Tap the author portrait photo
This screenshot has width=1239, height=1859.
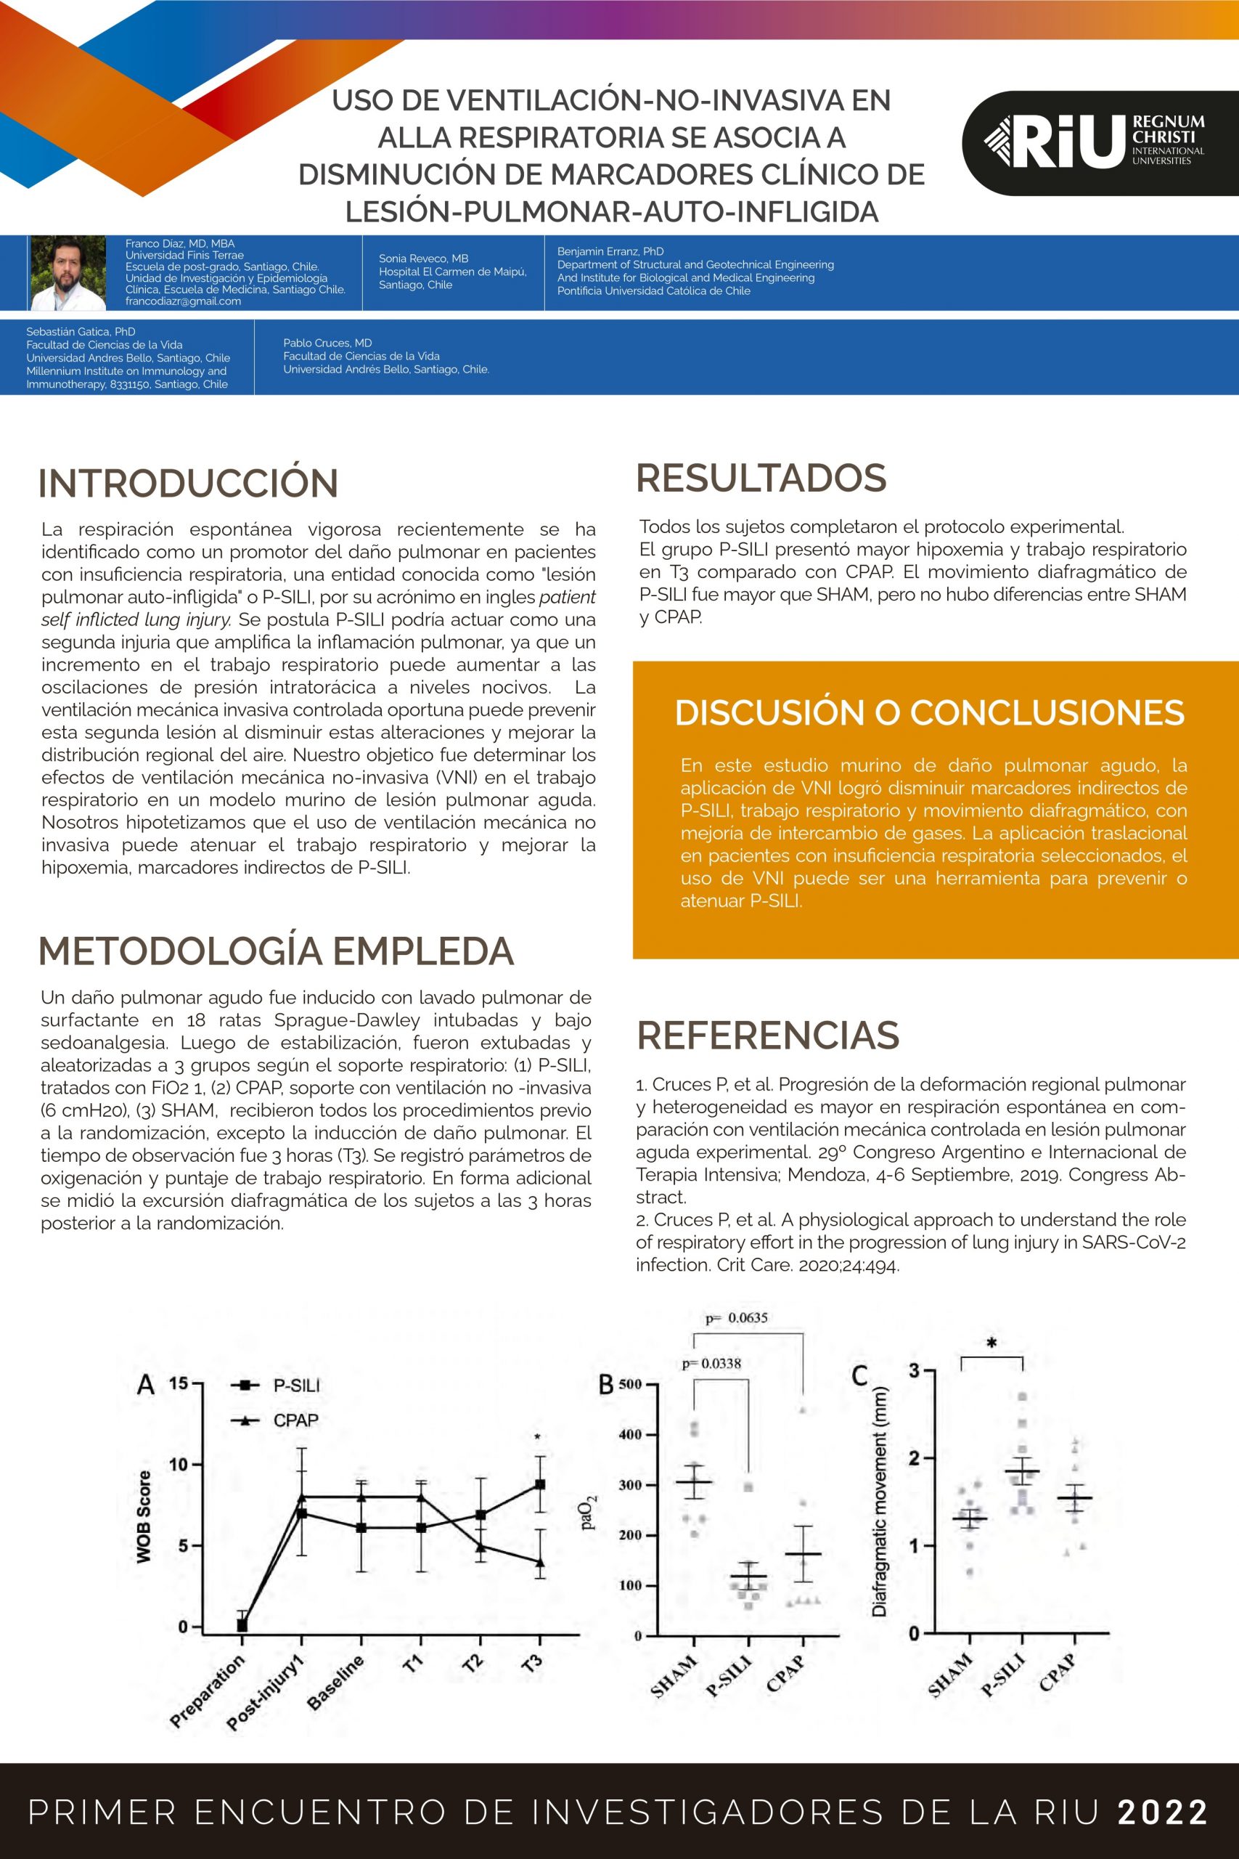(68, 273)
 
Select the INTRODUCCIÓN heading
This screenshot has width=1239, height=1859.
(188, 483)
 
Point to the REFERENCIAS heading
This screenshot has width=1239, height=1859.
(767, 1036)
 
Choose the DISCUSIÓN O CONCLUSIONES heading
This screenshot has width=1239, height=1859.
(929, 712)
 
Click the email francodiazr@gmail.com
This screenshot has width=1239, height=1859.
(184, 301)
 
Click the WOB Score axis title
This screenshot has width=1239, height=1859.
(143, 1517)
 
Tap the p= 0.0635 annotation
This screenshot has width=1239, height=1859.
(737, 1317)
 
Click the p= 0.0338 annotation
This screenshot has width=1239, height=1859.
(711, 1364)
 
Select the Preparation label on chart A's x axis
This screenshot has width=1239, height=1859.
(208, 1691)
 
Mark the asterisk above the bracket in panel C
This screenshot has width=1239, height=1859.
(991, 1343)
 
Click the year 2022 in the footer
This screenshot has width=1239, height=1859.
(1162, 1813)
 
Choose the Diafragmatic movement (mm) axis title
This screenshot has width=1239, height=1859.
(880, 1501)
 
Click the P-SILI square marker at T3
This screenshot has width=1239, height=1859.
(540, 1484)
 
